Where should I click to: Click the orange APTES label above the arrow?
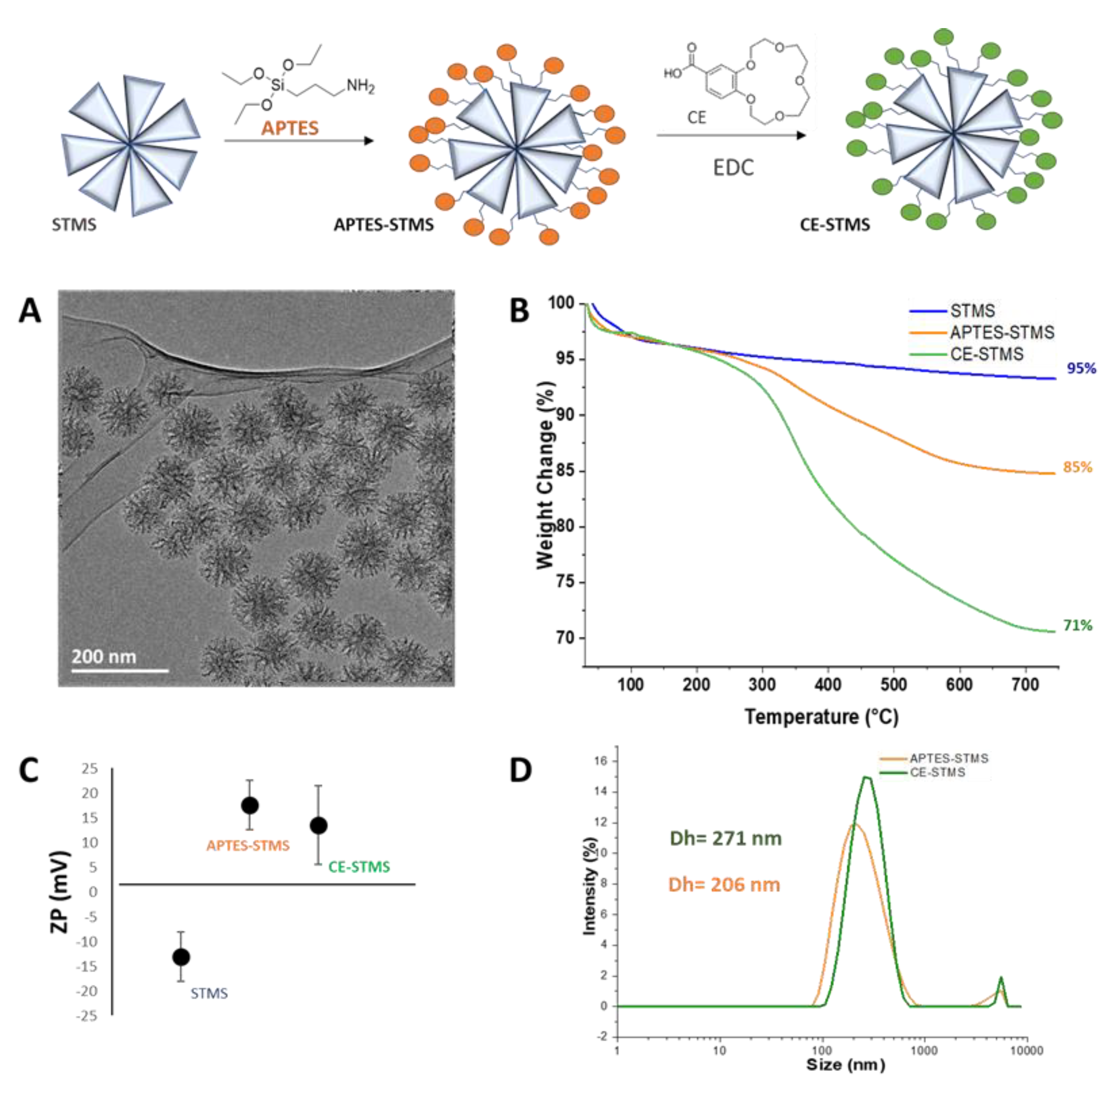click(x=289, y=128)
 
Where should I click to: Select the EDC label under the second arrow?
click(x=733, y=168)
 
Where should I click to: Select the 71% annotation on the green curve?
click(x=1077, y=625)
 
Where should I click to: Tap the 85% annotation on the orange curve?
click(x=1077, y=467)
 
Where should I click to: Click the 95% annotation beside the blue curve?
click(x=1081, y=368)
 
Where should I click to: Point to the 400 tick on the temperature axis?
click(x=827, y=685)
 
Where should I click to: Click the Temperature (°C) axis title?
click(x=821, y=717)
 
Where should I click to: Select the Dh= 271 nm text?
click(x=726, y=839)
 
